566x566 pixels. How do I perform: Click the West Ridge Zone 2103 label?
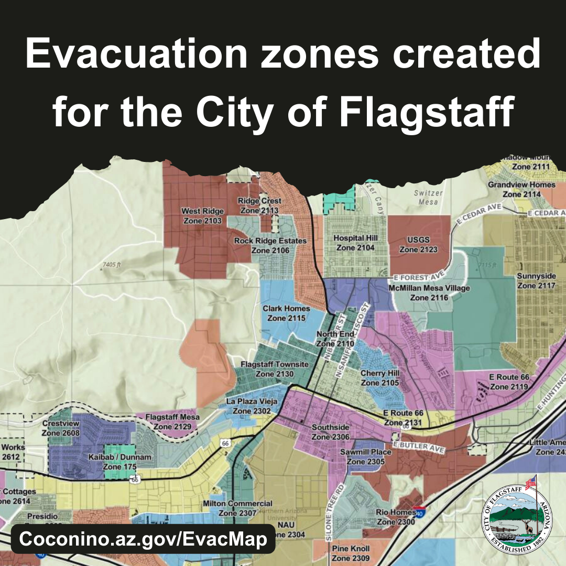(202, 216)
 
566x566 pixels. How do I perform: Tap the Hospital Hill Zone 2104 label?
(355, 243)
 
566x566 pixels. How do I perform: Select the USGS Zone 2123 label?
(418, 245)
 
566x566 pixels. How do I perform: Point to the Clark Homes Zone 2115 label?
(286, 313)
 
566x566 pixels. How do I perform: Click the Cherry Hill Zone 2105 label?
(380, 378)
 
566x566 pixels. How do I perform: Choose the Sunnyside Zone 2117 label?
(536, 281)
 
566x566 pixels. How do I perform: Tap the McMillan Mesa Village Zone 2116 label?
(429, 293)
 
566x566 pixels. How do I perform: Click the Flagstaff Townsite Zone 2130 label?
(275, 369)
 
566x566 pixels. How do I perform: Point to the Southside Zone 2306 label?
(330, 432)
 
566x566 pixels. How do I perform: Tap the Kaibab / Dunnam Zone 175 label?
(127, 462)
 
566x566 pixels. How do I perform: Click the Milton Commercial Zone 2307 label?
(237, 508)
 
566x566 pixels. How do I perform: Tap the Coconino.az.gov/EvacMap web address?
(143, 539)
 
